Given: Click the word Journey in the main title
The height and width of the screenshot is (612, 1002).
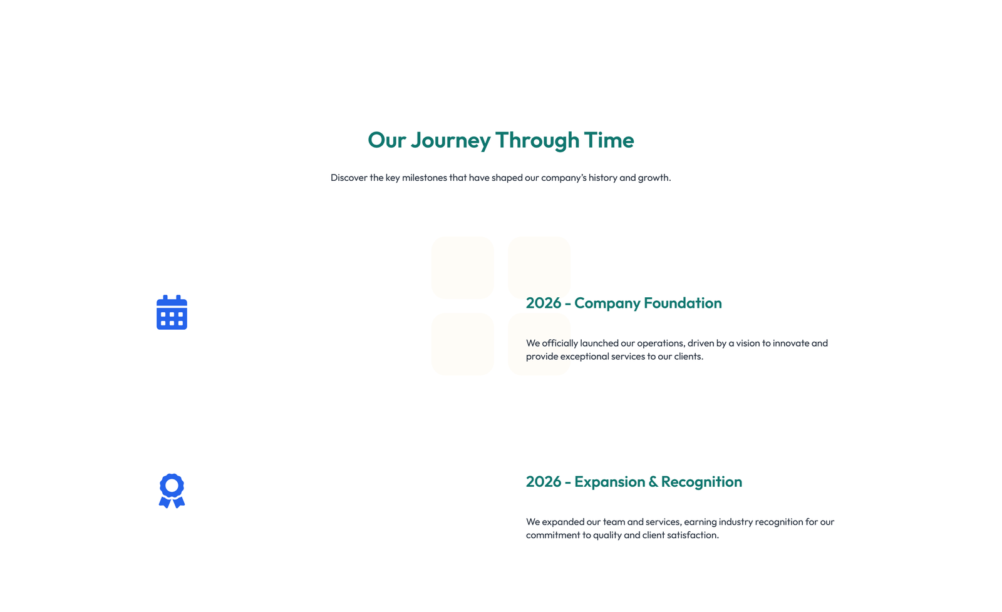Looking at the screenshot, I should point(450,140).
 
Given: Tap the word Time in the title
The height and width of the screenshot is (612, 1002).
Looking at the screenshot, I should point(609,140).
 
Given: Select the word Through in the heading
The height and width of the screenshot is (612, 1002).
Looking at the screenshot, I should point(537,140).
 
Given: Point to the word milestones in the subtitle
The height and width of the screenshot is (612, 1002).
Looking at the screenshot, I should point(424,178).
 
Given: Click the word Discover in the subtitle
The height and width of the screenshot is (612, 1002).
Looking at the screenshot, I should point(349,178).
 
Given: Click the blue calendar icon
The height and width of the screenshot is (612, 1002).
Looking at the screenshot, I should point(172,312).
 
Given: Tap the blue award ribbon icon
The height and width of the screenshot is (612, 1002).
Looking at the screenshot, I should point(172,491).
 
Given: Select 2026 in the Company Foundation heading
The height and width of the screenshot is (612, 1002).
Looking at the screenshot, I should point(543,303).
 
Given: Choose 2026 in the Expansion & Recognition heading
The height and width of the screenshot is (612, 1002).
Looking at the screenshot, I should point(543,482).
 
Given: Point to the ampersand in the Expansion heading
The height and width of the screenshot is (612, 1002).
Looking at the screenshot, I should point(653,482).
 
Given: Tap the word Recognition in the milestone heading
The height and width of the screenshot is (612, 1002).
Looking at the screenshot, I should point(701,482).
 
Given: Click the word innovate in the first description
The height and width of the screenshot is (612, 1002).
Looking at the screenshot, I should point(791,343).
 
